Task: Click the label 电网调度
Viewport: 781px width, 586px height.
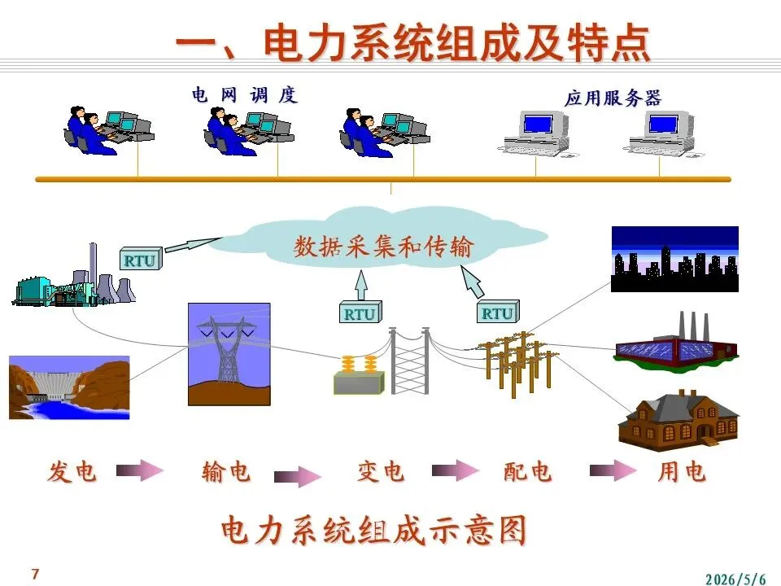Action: coord(245,94)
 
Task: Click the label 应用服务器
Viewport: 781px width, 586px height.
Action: coord(613,98)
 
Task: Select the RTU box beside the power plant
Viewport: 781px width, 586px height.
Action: coord(141,259)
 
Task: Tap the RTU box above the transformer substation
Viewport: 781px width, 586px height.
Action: coord(360,313)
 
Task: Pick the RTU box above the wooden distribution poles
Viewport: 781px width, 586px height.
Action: coord(498,312)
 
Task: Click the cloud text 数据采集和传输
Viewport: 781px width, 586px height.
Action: coord(382,247)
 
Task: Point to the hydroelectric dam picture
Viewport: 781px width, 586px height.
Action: coord(69,387)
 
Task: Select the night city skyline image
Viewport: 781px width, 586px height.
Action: coord(675,259)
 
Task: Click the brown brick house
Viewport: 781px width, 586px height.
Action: coord(678,420)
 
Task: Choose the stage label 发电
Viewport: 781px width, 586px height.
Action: coord(72,471)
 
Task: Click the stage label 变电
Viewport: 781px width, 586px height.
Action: coord(381,471)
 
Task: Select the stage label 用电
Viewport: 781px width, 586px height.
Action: coord(682,471)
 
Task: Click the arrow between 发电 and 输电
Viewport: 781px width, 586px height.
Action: coord(140,470)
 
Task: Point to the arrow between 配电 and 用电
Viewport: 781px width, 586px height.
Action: coord(613,470)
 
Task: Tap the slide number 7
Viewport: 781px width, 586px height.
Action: coord(35,574)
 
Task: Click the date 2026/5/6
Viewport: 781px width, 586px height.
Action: coord(735,579)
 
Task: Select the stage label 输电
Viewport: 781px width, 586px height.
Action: coord(226,471)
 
